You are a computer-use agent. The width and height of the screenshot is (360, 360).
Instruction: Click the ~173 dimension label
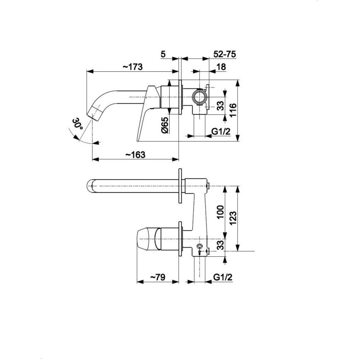(x=132, y=66)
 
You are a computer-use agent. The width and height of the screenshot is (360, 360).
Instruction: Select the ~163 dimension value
(x=135, y=154)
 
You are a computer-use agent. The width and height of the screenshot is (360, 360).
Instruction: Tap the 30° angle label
(x=77, y=124)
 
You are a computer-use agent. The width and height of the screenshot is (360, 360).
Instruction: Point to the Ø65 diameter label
(x=165, y=125)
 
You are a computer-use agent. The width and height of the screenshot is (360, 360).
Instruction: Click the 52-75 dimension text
(x=224, y=54)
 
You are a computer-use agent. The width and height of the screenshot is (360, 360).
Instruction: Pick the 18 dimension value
(x=221, y=66)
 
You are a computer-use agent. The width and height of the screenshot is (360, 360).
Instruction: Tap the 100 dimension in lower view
(x=220, y=212)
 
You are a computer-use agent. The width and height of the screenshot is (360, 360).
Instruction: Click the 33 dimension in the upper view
(x=220, y=106)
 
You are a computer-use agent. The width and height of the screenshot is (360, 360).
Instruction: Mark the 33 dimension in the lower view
(x=220, y=245)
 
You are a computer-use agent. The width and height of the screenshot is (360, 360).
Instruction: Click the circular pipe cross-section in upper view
(x=200, y=98)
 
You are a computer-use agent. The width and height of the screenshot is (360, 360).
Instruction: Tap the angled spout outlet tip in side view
(x=95, y=112)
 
